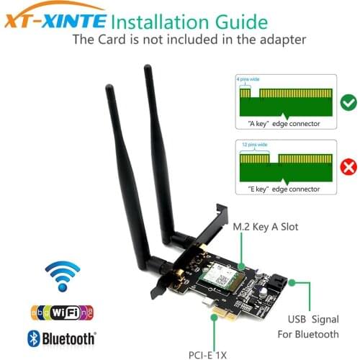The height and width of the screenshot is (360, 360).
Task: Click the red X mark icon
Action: [349, 168]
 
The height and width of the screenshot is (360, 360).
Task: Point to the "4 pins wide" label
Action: [247, 76]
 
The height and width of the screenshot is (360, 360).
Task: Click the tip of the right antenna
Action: [148, 68]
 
